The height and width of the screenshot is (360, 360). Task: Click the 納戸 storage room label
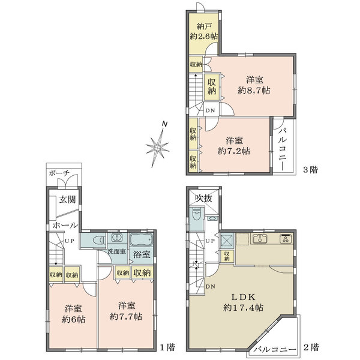click(x=204, y=26)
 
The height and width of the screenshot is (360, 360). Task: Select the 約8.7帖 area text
click(x=254, y=91)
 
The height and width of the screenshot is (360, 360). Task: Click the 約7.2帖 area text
click(x=234, y=151)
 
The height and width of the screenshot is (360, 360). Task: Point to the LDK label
click(x=243, y=297)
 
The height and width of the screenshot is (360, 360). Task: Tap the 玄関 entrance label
click(x=67, y=200)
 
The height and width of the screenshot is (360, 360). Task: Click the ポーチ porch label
click(x=59, y=173)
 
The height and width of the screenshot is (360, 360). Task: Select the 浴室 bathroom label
click(x=142, y=254)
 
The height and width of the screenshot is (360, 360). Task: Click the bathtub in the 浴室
click(x=141, y=240)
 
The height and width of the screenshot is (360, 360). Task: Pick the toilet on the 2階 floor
click(x=196, y=214)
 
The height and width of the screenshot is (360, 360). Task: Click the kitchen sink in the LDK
click(x=260, y=239)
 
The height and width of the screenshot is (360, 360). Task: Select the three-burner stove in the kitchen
click(x=286, y=239)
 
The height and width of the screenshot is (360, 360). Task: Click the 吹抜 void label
click(x=203, y=198)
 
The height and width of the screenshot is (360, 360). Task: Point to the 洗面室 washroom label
click(x=117, y=251)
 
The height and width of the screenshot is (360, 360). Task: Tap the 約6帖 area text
click(x=73, y=319)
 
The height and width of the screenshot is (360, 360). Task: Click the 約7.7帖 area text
click(x=126, y=317)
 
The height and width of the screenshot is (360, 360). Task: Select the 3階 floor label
click(x=311, y=170)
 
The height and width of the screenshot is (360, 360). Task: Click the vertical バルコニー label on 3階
click(x=283, y=149)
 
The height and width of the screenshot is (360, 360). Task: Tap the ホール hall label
click(x=65, y=225)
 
